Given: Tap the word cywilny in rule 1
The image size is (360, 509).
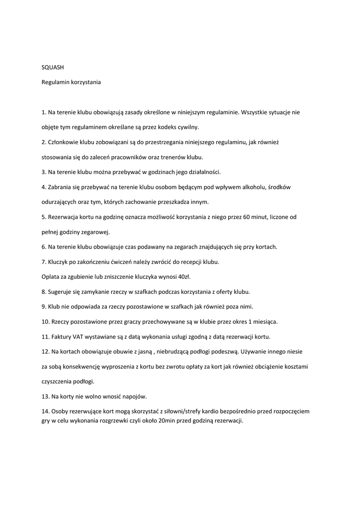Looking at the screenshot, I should point(188,127).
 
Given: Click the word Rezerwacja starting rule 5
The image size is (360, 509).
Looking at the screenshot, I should point(66,217).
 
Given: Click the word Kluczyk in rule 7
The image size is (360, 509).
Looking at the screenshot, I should point(59,261).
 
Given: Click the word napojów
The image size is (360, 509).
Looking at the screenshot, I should point(134,396).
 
